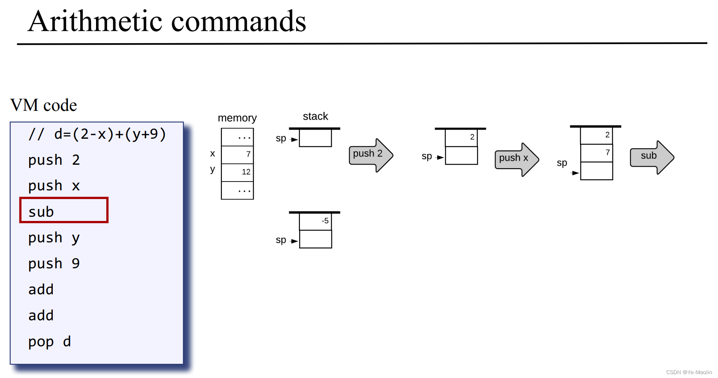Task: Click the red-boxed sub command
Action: pyautogui.click(x=63, y=211)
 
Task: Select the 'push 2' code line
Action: pyautogui.click(x=54, y=160)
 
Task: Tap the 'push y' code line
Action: pyautogui.click(x=54, y=238)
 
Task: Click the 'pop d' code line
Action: pyautogui.click(x=49, y=341)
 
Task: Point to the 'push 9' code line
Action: pyautogui.click(x=54, y=264)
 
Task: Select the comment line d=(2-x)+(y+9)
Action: pyautogui.click(x=97, y=134)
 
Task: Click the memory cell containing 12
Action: pyautogui.click(x=238, y=172)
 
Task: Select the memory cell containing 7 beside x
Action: pyautogui.click(x=238, y=154)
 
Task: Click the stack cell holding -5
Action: pyautogui.click(x=315, y=221)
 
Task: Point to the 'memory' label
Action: pyautogui.click(x=237, y=118)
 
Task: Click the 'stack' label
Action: pyautogui.click(x=315, y=116)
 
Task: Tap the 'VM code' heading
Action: pyautogui.click(x=44, y=105)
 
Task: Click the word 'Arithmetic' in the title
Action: pyautogui.click(x=95, y=21)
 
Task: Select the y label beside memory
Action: pyautogui.click(x=213, y=169)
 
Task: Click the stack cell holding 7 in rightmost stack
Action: pyautogui.click(x=596, y=153)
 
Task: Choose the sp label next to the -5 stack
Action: pyautogui.click(x=281, y=240)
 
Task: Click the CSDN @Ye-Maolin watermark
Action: pyautogui.click(x=689, y=372)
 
